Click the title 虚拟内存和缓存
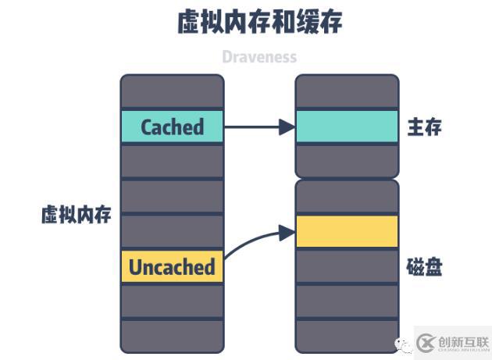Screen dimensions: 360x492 (260, 23)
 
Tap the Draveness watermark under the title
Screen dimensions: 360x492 (259, 57)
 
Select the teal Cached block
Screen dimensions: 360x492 (172, 127)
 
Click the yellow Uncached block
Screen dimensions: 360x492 (172, 266)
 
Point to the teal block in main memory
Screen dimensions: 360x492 (347, 127)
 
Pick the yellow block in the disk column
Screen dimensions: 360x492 (347, 231)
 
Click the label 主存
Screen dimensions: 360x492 (424, 127)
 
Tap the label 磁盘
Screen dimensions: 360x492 (424, 268)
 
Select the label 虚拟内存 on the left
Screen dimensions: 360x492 (76, 216)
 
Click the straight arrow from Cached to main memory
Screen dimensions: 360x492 (258, 127)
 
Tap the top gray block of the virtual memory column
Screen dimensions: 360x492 (172, 91)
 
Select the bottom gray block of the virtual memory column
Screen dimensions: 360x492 (172, 335)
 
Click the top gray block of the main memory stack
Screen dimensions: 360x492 (347, 91)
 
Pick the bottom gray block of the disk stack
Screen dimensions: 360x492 (347, 335)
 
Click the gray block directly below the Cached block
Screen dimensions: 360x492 (172, 161)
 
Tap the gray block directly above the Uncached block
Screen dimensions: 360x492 (172, 231)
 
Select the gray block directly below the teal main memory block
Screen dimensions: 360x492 (347, 161)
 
